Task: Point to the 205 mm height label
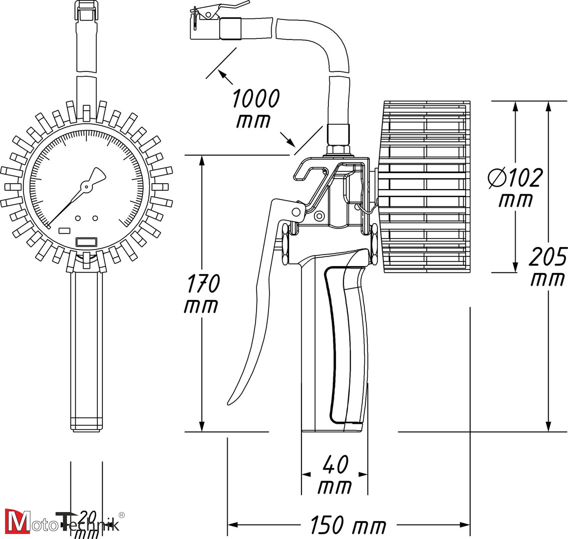(x=548, y=267)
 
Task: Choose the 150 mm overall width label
(x=348, y=525)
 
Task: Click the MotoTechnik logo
(x=62, y=522)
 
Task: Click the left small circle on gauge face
(x=78, y=218)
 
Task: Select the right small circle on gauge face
(x=95, y=218)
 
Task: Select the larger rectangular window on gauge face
(x=86, y=242)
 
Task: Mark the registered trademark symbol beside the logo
(x=121, y=515)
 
